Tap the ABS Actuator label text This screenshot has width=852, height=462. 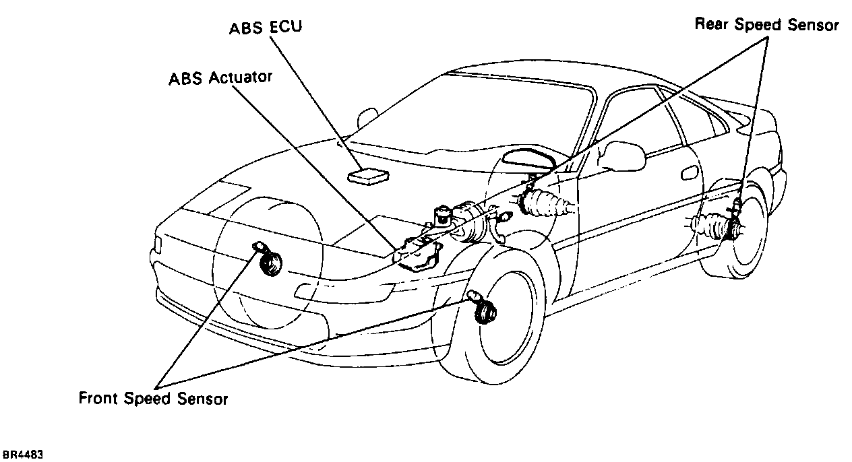point(220,78)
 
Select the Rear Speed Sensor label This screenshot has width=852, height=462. point(766,25)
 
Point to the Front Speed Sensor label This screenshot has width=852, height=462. point(154,398)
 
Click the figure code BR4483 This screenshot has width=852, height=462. point(23,455)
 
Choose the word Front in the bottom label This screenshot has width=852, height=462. point(100,398)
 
